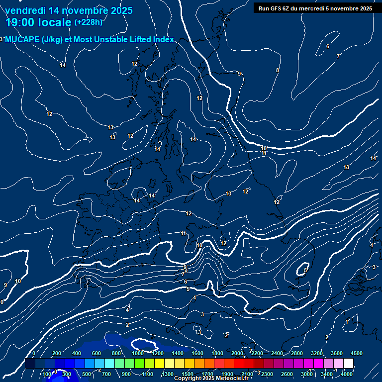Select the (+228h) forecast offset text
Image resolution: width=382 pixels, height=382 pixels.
coord(88,22)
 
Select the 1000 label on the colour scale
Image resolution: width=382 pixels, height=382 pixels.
coord(137,353)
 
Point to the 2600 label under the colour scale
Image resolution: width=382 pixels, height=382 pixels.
coord(287,374)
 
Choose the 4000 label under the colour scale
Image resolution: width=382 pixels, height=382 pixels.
coord(347,374)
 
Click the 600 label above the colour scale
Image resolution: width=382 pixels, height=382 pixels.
coord(96,353)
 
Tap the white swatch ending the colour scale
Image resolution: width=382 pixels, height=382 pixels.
coord(348,364)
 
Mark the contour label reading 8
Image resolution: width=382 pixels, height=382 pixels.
coord(278,70)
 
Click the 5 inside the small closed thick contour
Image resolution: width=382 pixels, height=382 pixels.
coord(305,270)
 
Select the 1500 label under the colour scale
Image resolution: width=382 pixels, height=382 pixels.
coord(188,374)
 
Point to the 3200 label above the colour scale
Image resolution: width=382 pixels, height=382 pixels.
coord(317,353)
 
